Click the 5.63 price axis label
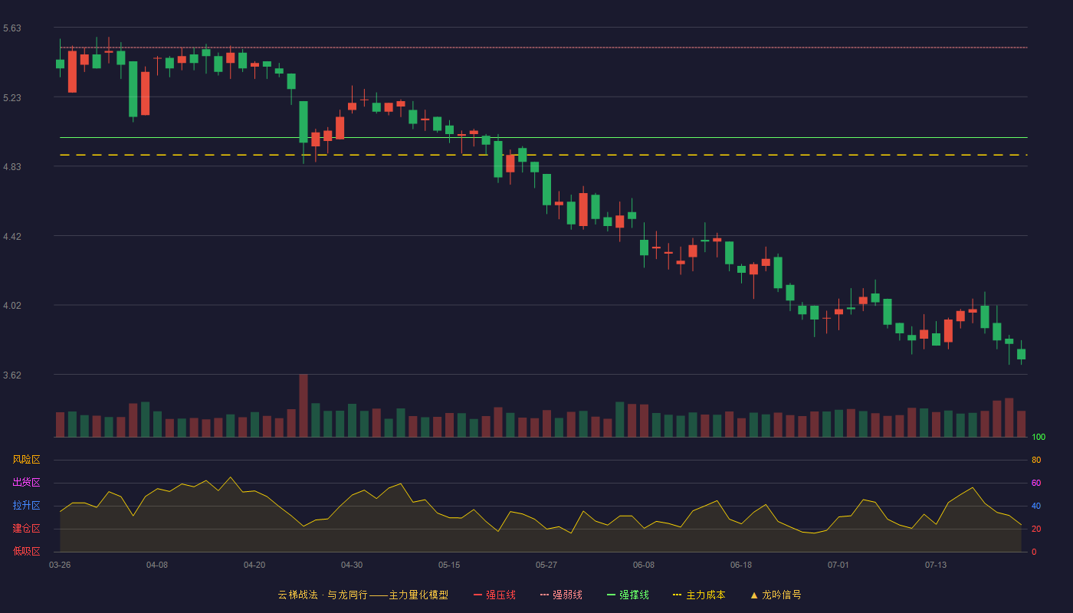coord(12,28)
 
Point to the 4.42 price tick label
coord(12,237)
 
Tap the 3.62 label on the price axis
coord(12,375)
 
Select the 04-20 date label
coord(254,565)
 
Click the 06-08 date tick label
coord(643,565)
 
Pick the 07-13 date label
coord(936,565)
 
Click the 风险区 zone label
coord(26,460)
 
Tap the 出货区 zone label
coord(26,482)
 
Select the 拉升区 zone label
coord(26,505)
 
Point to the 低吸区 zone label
coord(26,551)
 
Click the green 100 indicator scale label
coord(1039,437)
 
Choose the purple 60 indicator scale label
coord(1036,483)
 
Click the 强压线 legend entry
coord(494,595)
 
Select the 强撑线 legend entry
coord(628,595)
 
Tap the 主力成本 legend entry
coord(699,595)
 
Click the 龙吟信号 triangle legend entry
coord(776,595)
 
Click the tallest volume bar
coord(304,405)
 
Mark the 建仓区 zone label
coord(26,528)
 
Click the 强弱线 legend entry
coord(561,595)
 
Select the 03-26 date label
coord(60,565)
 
